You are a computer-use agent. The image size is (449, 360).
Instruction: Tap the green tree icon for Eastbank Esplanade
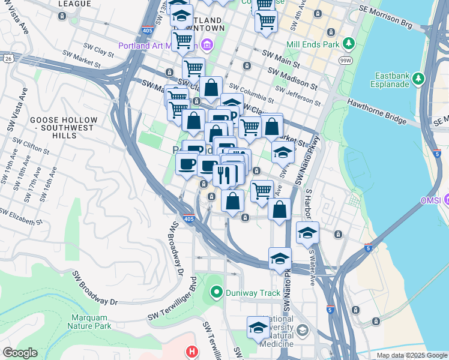[419, 78]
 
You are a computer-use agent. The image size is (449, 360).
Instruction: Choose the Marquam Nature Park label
[91, 322]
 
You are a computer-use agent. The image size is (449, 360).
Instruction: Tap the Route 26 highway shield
[8, 59]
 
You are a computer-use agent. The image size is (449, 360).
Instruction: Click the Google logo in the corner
[19, 353]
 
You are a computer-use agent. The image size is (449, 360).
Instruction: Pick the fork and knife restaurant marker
[221, 175]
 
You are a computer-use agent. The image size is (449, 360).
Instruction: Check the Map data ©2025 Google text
[411, 355]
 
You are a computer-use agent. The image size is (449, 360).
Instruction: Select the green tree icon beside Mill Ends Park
[348, 44]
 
